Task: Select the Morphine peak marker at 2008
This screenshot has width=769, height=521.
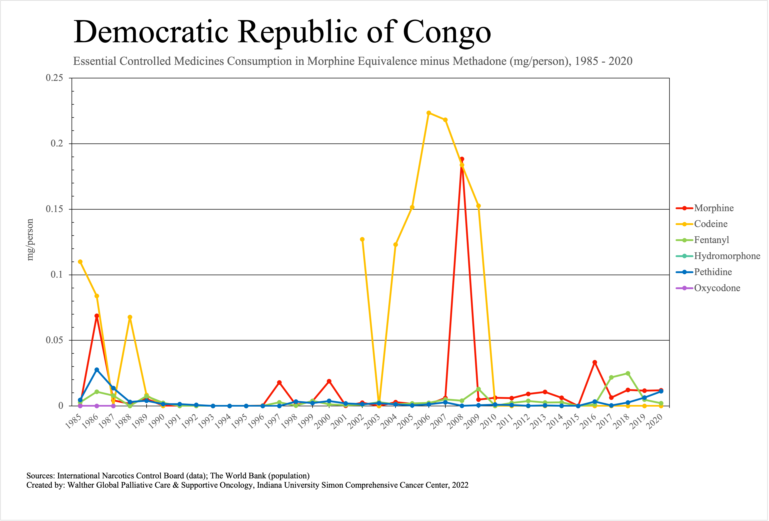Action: click(462, 159)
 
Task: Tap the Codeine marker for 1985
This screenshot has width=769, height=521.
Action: click(80, 262)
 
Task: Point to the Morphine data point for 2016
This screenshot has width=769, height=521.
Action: click(595, 362)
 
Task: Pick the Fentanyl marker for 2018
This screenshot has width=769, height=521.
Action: click(628, 373)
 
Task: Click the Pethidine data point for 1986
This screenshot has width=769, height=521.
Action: click(97, 370)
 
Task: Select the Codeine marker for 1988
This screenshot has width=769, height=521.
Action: click(130, 317)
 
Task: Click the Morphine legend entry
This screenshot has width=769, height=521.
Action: click(714, 208)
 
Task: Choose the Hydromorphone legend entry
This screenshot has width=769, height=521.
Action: click(727, 256)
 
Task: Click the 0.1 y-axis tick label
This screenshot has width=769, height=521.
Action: click(57, 275)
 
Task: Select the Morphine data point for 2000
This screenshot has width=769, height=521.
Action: click(329, 381)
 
